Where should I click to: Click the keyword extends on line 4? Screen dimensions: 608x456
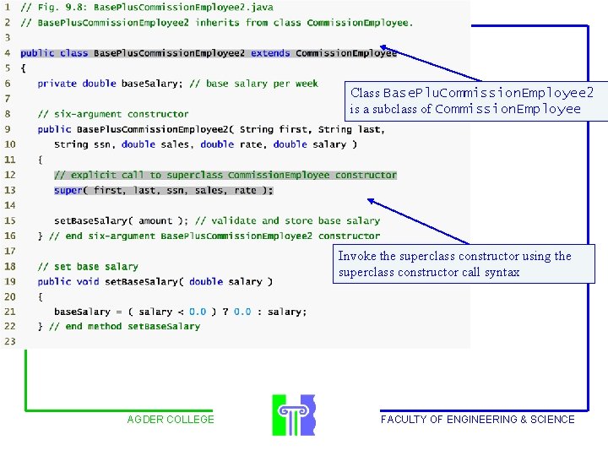[270, 52]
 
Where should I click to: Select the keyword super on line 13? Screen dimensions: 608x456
[68, 190]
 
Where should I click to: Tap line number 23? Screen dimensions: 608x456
[10, 341]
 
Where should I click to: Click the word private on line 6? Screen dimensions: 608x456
[57, 84]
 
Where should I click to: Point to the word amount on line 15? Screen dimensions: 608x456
[155, 220]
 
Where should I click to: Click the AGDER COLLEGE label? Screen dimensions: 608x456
[171, 419]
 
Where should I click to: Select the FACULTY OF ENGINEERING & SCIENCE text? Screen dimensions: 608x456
[478, 419]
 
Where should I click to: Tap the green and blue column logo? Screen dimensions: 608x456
[294, 415]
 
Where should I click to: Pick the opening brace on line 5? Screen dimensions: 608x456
[24, 68]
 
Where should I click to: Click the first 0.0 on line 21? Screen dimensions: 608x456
[198, 312]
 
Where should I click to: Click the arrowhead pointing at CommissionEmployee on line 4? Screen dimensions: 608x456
[384, 47]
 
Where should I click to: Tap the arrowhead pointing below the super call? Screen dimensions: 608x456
[371, 201]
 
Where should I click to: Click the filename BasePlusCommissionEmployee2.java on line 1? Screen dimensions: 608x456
[183, 8]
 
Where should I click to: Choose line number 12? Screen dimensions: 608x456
[10, 175]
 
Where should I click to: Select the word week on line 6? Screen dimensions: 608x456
[307, 84]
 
